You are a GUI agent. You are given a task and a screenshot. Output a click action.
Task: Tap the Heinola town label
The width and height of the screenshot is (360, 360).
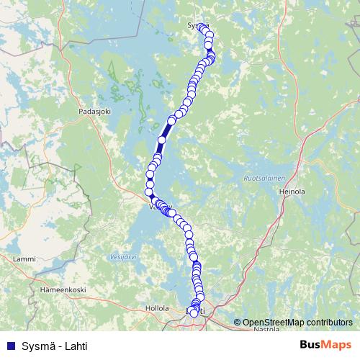pyautogui.click(x=292, y=192)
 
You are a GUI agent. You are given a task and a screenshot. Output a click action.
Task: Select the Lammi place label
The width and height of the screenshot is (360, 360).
pyautogui.click(x=24, y=258)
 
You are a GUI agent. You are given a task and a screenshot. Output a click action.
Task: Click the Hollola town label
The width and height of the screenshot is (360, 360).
pyautogui.click(x=156, y=307)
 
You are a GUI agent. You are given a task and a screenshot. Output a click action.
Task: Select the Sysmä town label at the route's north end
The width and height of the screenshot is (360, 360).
pyautogui.click(x=196, y=25)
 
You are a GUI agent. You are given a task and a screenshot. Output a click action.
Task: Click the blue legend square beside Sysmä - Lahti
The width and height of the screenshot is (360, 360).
pyautogui.click(x=9, y=346)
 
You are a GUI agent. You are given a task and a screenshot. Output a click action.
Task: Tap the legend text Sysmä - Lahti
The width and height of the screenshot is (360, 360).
pyautogui.click(x=54, y=346)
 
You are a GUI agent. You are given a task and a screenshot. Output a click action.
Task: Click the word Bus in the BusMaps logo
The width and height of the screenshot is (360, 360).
pyautogui.click(x=312, y=345)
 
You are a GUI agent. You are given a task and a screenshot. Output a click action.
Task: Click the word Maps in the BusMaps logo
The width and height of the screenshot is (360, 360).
pyautogui.click(x=338, y=345)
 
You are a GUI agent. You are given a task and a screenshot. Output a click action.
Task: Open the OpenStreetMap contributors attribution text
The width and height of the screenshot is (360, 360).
pyautogui.click(x=297, y=323)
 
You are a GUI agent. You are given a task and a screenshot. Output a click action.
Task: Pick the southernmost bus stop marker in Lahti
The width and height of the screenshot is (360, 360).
pyautogui.click(x=194, y=313)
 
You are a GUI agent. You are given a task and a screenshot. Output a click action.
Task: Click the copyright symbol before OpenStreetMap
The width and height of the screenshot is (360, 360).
pyautogui.click(x=238, y=323)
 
